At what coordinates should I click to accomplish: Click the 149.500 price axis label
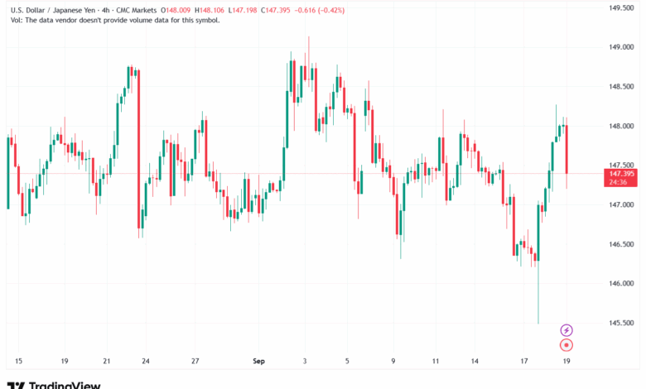pos(621,8)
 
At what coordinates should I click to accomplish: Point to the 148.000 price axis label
pos(621,127)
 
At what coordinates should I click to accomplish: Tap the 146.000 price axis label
pos(621,284)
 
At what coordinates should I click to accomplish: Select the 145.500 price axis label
pos(621,324)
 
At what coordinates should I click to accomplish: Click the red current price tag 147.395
pos(621,174)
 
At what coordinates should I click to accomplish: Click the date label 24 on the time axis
pos(146,361)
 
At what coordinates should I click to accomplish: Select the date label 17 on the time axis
pos(525,361)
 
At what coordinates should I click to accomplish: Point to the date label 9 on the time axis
pos(393,361)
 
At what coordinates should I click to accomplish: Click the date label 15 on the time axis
pos(18,361)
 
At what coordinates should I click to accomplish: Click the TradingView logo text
pos(65,385)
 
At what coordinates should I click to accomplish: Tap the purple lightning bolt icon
pos(566,330)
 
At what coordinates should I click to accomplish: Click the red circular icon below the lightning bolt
pos(566,344)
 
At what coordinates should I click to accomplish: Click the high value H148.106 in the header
pos(211,10)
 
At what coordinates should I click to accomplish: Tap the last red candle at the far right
pos(566,149)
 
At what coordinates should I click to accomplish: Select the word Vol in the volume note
pos(14,20)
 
